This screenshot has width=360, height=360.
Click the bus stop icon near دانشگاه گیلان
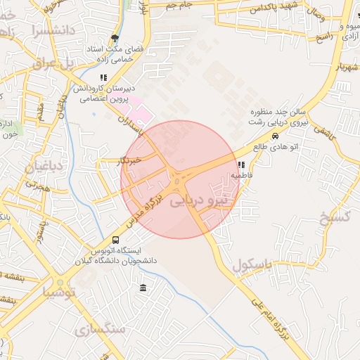(x=116, y=240)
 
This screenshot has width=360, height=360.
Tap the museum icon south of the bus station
(x=143, y=288)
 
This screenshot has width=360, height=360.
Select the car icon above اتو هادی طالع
(x=275, y=136)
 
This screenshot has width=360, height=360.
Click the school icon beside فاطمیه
(x=241, y=166)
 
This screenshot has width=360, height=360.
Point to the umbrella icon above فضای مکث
(x=115, y=39)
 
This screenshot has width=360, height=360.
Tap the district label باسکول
(x=251, y=266)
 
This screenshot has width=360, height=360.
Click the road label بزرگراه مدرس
(x=145, y=210)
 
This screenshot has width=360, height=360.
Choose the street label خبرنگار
(x=131, y=160)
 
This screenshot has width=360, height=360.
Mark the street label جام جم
(x=179, y=5)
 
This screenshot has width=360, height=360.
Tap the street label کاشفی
(x=323, y=132)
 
